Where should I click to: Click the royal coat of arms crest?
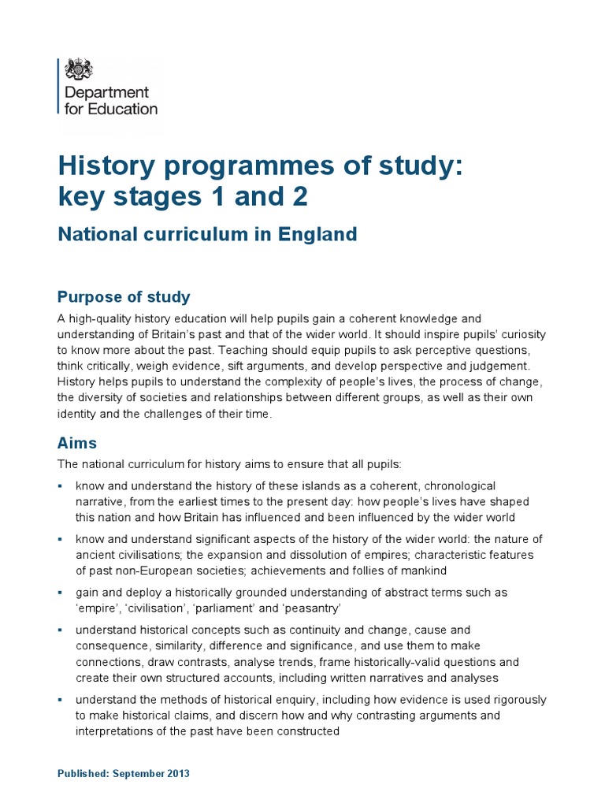[x=78, y=69]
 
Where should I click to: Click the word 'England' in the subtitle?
[x=319, y=234]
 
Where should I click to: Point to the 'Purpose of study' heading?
[x=124, y=297]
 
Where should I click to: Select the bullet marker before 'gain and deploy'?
[x=61, y=592]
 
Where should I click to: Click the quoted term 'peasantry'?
[x=296, y=608]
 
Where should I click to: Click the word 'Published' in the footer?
[x=83, y=774]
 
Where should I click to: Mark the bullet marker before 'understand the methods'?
[x=61, y=699]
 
